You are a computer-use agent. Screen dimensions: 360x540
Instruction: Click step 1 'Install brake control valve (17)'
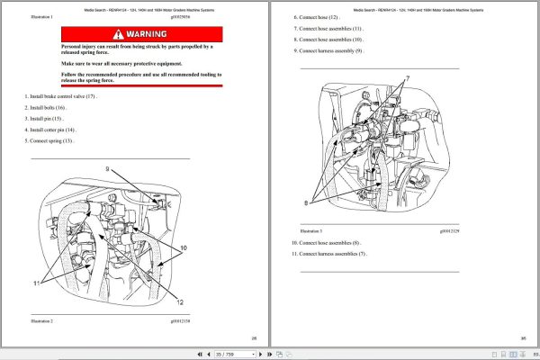pyautogui.click(x=62, y=95)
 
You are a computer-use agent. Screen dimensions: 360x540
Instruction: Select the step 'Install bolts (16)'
pyautogui.click(x=50, y=107)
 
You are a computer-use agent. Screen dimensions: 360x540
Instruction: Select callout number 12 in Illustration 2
pyautogui.click(x=179, y=301)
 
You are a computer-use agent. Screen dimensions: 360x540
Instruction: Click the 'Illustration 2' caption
pyautogui.click(x=42, y=320)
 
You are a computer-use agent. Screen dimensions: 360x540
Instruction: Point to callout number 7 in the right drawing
pyautogui.click(x=407, y=78)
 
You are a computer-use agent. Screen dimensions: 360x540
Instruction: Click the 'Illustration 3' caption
pyautogui.click(x=309, y=231)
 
